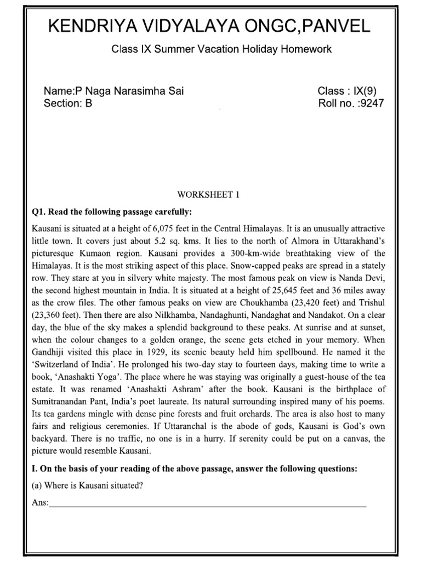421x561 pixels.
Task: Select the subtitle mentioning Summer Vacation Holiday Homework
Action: coord(221,49)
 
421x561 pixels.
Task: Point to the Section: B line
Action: coord(68,104)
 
